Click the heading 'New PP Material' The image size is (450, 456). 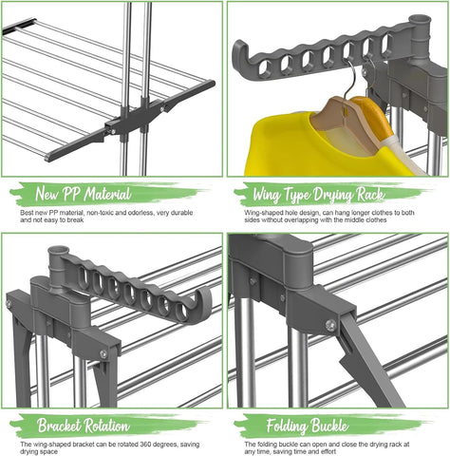tap(83, 194)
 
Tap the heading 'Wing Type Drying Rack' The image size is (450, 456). tap(319, 194)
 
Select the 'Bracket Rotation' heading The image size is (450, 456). tap(84, 426)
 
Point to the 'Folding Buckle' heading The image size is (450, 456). tap(307, 426)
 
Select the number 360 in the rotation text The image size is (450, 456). tap(146, 445)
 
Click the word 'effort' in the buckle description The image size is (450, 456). tap(328, 451)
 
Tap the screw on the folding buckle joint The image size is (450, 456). tap(330, 325)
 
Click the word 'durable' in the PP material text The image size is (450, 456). tap(181, 213)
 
